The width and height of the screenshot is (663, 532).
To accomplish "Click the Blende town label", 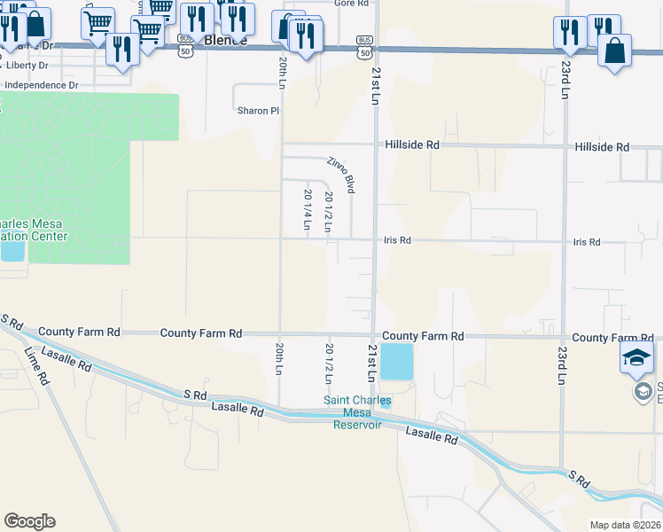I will tap(225, 41).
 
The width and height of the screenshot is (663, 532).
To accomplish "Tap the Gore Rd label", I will tap(351, 4).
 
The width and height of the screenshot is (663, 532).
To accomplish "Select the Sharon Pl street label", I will tap(258, 111).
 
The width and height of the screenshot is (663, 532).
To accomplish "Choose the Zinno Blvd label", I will tap(341, 176).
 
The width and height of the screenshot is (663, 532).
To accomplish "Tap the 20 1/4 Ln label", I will tap(308, 210).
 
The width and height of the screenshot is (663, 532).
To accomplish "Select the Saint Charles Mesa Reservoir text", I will tap(356, 412).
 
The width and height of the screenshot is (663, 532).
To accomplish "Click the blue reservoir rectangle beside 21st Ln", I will tap(396, 363).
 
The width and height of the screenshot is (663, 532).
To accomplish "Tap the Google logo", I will tap(29, 521).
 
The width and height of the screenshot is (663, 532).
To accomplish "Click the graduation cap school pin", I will tap(636, 358).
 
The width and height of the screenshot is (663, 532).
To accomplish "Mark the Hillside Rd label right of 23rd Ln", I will tap(601, 147).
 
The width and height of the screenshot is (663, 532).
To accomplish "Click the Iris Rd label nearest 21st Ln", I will tap(398, 240).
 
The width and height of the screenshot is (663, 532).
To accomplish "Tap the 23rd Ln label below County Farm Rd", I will tap(562, 364).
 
